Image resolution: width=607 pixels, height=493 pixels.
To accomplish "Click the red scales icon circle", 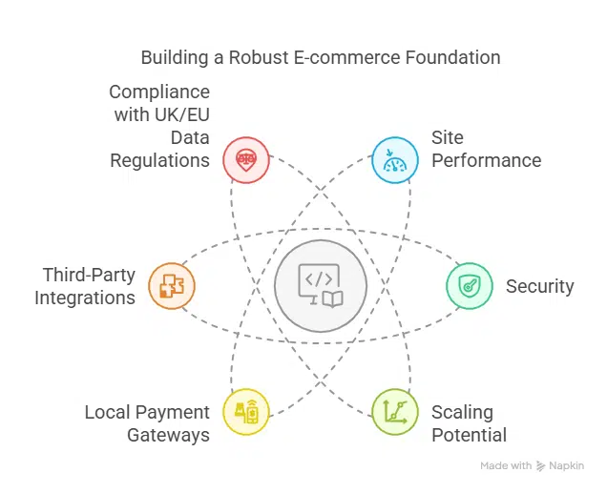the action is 246,159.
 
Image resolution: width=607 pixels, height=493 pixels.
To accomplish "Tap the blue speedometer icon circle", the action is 395,159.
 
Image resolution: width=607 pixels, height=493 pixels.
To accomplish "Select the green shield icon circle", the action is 470,286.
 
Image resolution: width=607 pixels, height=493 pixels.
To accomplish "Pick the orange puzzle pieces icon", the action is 172,286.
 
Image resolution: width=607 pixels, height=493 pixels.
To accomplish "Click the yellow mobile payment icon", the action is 246,412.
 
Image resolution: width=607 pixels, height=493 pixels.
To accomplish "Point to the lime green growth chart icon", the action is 395,412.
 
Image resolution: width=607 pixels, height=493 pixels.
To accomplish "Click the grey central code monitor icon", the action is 321,286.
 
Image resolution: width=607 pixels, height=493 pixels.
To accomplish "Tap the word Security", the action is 539,286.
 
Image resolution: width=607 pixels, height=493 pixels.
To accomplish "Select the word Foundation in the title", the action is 453,57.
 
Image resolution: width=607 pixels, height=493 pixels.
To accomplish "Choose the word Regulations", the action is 160,161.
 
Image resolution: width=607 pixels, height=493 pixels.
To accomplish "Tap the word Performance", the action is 486,160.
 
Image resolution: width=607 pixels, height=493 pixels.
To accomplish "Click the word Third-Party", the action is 89,276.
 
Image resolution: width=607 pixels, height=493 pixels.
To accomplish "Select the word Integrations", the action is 85,298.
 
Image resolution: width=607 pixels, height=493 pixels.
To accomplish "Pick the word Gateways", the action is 168,436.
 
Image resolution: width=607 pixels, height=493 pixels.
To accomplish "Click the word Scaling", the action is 462,413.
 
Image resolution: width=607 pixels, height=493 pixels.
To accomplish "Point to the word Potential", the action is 470,435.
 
